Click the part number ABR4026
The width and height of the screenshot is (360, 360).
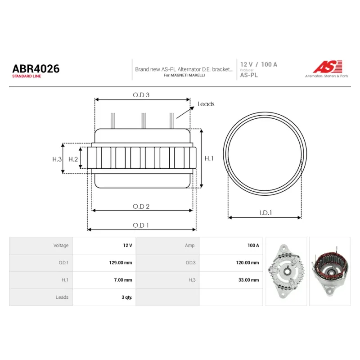[36, 69]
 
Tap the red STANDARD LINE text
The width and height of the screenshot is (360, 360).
[27, 76]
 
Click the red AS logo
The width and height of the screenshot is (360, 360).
[328, 67]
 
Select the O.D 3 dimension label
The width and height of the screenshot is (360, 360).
[141, 95]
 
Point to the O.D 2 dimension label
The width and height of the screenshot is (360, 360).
[141, 207]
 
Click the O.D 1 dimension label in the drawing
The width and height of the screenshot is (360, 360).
[141, 225]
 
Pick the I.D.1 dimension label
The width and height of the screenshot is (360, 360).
[266, 213]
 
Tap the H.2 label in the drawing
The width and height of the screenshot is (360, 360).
[73, 159]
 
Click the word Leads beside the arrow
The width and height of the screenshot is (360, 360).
[206, 104]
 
